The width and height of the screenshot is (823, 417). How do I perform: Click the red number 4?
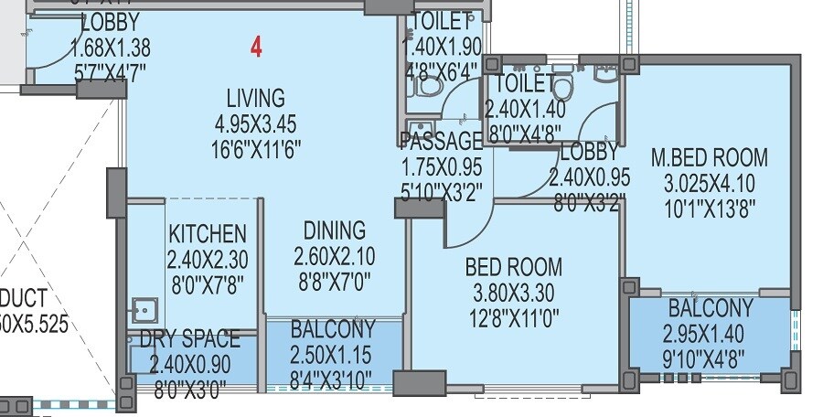pyautogui.click(x=257, y=48)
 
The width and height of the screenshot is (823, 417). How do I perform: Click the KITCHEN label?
pyautogui.click(x=207, y=233)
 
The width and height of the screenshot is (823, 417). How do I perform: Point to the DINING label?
pyautogui.click(x=335, y=230)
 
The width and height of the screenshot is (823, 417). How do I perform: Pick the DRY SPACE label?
pyautogui.click(x=189, y=340)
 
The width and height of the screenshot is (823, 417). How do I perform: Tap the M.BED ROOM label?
pyautogui.click(x=710, y=157)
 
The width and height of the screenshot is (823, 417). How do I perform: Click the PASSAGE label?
pyautogui.click(x=442, y=142)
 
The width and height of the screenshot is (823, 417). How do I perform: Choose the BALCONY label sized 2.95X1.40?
pyautogui.click(x=711, y=307)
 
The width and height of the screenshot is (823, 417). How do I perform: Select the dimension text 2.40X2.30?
pyautogui.click(x=207, y=258)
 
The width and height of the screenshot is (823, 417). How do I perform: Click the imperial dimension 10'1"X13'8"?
pyautogui.click(x=710, y=206)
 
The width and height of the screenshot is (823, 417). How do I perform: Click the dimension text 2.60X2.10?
pyautogui.click(x=335, y=255)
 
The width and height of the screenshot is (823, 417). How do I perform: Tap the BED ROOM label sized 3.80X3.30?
pyautogui.click(x=513, y=268)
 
